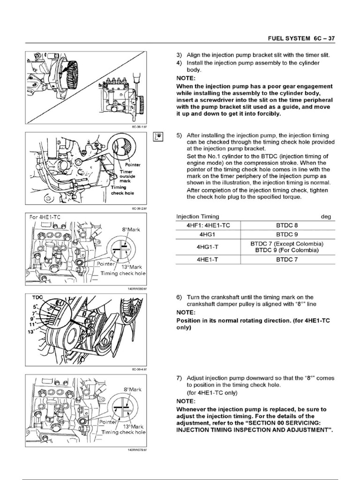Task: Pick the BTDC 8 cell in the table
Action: (x=287, y=225)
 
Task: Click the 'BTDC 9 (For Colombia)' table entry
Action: (x=287, y=250)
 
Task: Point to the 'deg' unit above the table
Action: (x=325, y=217)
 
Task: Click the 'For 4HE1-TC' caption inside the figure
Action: (x=45, y=217)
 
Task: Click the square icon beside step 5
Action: (x=158, y=136)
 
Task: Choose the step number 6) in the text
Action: (x=179, y=297)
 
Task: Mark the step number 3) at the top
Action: (x=179, y=55)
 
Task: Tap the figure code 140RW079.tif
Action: (x=137, y=450)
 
